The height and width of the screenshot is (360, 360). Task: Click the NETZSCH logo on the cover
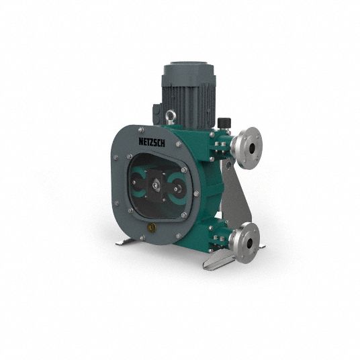point(152,142)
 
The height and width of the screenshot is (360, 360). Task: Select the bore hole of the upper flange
point(252,148)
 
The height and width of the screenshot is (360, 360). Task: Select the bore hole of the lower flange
point(249,242)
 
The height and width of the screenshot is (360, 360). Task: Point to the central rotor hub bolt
point(156,186)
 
